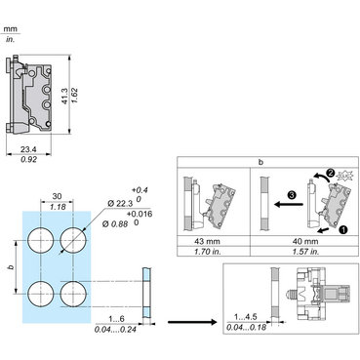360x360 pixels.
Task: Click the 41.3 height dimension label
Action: tap(65, 96)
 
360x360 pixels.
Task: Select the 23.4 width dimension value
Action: tap(28, 149)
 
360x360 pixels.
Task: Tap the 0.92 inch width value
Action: tap(29, 159)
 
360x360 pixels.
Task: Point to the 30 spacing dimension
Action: tap(57, 196)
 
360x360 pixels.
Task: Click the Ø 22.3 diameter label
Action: tap(120, 204)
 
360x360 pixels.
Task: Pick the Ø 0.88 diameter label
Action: tap(115, 223)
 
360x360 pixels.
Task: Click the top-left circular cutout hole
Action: tap(40, 240)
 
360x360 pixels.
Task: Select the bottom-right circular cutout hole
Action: tap(73, 294)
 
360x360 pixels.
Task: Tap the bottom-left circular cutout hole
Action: tap(40, 294)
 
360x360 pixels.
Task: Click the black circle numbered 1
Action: tap(343, 229)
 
